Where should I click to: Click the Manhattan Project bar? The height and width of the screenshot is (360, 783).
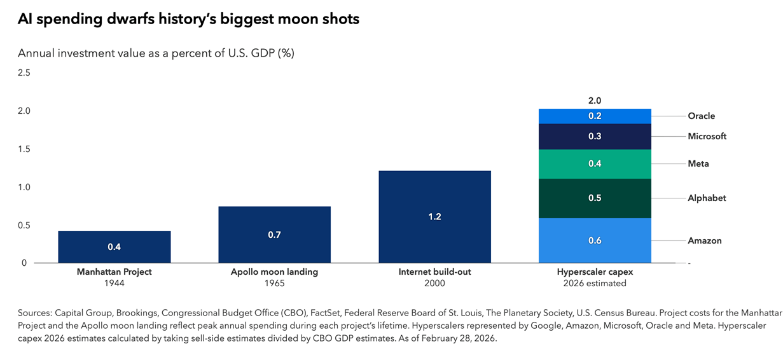point(114,247)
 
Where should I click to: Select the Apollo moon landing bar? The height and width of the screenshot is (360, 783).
point(274,234)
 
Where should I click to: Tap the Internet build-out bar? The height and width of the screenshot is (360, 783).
point(434,216)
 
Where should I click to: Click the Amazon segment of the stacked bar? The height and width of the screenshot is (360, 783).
point(595,240)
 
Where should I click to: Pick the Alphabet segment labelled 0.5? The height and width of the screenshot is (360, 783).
point(595,198)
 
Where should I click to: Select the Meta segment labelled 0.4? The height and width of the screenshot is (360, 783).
point(595,164)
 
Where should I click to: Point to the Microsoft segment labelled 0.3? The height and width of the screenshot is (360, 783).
point(595,136)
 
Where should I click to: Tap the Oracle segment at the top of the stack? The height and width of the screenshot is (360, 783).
point(595,116)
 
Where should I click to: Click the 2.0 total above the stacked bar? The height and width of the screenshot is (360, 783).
point(595,100)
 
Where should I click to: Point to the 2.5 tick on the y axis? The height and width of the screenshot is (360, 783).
point(24,73)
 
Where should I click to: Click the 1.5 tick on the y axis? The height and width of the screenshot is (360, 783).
point(24,149)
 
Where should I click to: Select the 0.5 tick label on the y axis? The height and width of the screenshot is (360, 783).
point(24,225)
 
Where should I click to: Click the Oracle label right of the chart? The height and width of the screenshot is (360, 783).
point(701,116)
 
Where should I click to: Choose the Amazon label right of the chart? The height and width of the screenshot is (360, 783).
point(704,240)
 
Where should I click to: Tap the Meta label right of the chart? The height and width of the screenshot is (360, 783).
point(698,164)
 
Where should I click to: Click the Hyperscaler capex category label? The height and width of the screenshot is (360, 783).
point(595,272)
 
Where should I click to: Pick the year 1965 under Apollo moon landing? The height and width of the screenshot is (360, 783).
point(274,283)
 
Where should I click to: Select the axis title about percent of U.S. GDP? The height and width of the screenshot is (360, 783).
point(156,53)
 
